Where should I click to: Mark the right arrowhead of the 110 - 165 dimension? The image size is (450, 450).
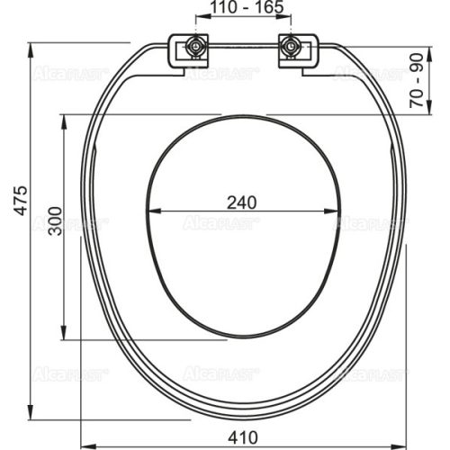click(290, 21)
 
